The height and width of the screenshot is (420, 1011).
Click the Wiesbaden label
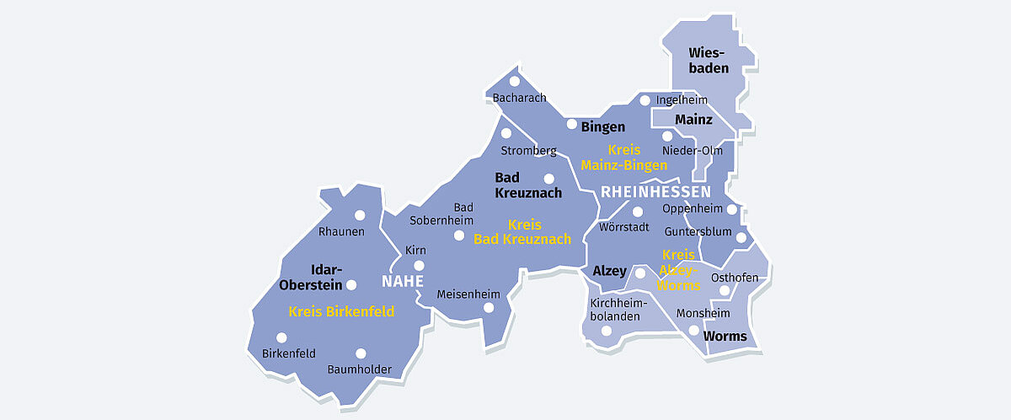point(709,61)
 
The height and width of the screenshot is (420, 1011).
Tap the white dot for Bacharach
point(514,83)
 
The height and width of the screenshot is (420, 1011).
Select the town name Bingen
point(603,127)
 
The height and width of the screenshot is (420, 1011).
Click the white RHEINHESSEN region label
point(655,192)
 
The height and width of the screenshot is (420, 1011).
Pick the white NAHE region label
point(403,281)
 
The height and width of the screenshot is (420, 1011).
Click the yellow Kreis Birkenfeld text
point(341,311)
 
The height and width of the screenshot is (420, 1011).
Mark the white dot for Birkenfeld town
point(281,337)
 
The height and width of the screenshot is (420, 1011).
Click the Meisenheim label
point(468,294)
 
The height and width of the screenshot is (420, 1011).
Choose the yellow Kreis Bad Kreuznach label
point(522,232)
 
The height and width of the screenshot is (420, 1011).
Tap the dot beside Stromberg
point(506,133)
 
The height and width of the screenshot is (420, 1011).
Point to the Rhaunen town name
point(341,231)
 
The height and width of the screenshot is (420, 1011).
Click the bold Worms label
point(725,337)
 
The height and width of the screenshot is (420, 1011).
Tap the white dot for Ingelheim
point(645,100)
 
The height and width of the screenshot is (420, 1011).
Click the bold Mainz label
point(693,120)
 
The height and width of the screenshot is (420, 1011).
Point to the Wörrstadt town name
point(623,227)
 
